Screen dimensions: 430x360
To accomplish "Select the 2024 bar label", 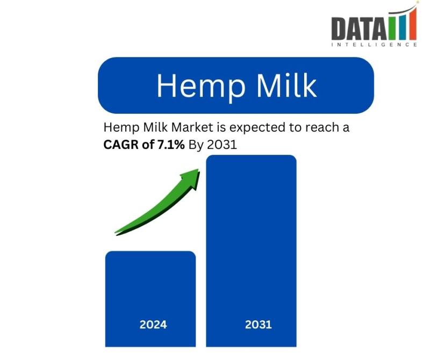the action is click(153, 325).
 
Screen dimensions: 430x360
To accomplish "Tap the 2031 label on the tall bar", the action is click(259, 325).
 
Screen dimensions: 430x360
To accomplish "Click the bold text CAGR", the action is click(121, 145).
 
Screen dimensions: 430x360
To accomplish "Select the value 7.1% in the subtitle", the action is click(170, 145).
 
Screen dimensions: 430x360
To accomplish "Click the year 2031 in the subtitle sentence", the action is click(222, 145).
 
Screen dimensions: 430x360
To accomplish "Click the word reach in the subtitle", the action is click(320, 127).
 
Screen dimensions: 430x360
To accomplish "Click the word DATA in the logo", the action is click(360, 28).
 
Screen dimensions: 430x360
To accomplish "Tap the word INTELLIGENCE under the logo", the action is click(374, 45).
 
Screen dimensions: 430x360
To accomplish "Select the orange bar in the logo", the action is click(412, 24).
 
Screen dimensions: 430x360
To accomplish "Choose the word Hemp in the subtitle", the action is click(122, 128).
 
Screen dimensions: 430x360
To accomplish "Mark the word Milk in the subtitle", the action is click(156, 127).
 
